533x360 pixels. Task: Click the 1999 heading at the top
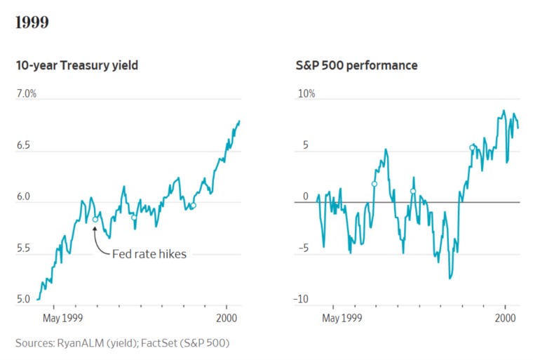click(32, 22)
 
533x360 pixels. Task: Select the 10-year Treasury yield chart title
click(77, 65)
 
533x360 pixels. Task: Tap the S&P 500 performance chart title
click(356, 65)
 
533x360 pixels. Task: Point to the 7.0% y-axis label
click(27, 93)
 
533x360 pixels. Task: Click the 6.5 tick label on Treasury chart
click(23, 145)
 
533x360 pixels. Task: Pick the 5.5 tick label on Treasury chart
click(23, 248)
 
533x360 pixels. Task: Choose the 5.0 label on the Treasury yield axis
click(23, 299)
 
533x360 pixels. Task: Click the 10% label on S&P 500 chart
click(306, 93)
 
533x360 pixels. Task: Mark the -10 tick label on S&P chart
click(301, 299)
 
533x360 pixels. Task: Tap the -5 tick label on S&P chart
click(304, 248)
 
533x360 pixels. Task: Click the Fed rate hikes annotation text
click(149, 254)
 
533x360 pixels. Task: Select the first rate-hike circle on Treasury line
click(95, 220)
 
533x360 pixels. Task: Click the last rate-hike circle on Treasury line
click(193, 206)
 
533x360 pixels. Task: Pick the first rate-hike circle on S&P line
click(375, 184)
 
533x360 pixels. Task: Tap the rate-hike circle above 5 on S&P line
click(472, 147)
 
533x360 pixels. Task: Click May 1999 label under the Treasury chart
click(63, 318)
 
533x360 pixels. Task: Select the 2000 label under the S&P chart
click(505, 318)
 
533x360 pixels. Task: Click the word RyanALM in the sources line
click(81, 343)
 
